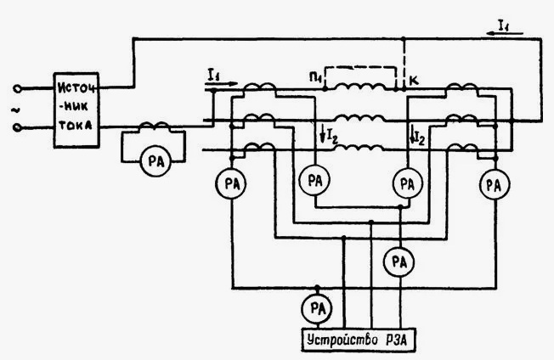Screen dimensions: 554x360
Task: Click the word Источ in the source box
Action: pos(76,88)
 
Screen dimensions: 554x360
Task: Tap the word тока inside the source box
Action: pos(76,125)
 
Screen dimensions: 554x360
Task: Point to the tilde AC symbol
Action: pos(15,110)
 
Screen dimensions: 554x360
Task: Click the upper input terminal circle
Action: pos(17,88)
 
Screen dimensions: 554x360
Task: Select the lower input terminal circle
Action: pos(17,127)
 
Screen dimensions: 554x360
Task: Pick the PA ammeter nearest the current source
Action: pos(155,161)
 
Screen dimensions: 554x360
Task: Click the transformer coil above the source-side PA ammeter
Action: pos(155,126)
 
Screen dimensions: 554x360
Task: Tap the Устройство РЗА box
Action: pos(359,340)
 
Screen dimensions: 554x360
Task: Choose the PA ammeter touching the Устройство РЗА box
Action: pos(317,309)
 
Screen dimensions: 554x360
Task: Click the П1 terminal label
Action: pos(314,77)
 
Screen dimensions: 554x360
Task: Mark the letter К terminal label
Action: pos(414,81)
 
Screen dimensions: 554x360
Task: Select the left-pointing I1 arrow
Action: pos(505,33)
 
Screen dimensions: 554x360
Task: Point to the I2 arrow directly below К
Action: pos(412,135)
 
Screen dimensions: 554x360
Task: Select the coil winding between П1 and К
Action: pos(360,87)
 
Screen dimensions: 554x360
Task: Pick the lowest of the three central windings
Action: pos(359,148)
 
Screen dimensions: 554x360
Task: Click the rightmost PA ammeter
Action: pos(495,184)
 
